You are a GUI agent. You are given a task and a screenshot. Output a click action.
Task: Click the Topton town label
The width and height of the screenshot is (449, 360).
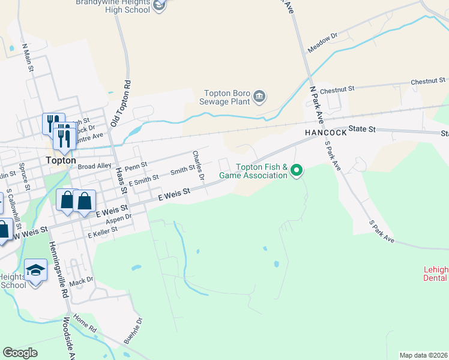tap(61, 161)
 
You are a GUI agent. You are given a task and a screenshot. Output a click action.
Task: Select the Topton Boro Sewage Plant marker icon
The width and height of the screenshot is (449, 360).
tap(260, 96)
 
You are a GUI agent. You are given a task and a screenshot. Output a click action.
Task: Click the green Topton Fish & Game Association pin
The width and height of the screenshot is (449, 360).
tap(296, 172)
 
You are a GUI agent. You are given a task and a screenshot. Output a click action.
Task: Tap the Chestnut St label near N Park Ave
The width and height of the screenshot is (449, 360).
tap(337, 89)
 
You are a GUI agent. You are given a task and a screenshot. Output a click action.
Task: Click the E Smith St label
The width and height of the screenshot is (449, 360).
tap(143, 178)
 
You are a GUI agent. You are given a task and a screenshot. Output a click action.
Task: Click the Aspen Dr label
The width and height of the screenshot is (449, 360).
tap(119, 220)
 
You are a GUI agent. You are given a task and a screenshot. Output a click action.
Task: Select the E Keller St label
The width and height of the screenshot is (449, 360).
tap(102, 232)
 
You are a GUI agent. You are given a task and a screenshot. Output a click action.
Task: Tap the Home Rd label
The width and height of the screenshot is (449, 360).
tap(85, 325)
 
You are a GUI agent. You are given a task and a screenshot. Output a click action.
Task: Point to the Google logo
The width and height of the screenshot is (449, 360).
tap(20, 353)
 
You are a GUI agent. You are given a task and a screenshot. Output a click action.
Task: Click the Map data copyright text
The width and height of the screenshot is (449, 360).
tap(424, 355)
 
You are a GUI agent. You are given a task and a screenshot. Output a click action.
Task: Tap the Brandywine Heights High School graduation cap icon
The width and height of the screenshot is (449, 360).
tap(158, 5)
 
